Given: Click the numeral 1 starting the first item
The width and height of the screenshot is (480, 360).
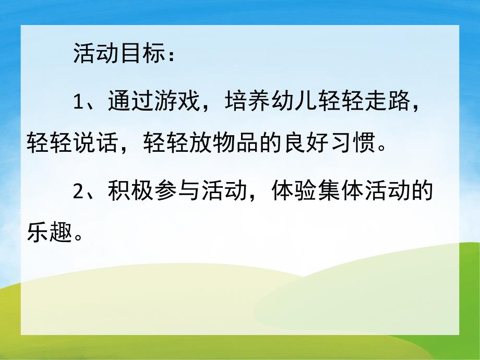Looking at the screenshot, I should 78,101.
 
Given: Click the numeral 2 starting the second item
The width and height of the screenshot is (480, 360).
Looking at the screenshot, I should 78,192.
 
